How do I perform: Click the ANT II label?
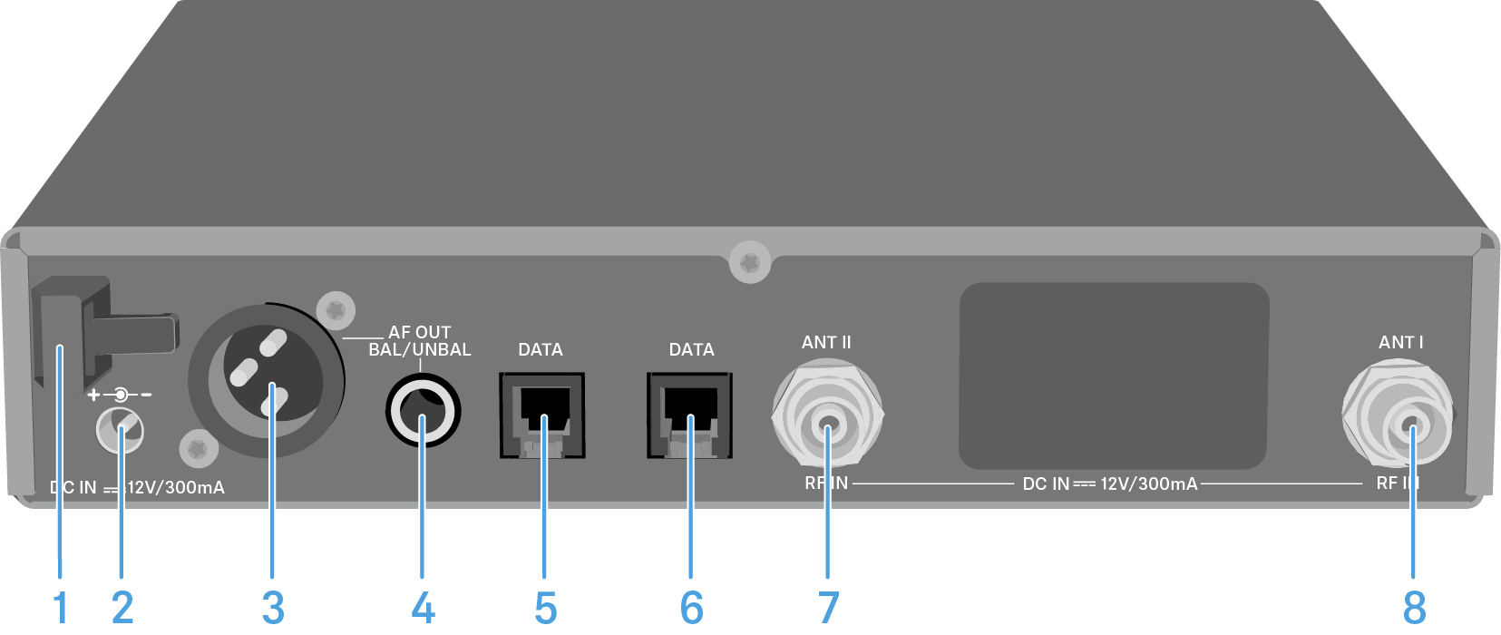826,343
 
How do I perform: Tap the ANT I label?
1400,343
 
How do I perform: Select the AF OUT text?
419,333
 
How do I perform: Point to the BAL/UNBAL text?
419,350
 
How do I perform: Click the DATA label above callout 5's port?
541,350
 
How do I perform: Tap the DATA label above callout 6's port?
691,350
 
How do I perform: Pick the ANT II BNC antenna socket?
827,417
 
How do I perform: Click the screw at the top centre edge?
749,263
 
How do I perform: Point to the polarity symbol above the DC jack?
120,395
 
